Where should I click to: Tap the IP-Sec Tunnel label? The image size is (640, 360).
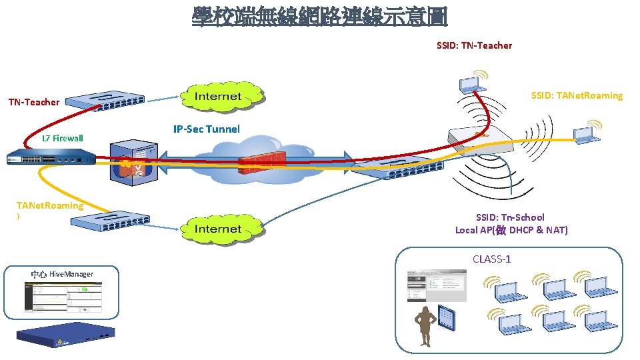[206, 129]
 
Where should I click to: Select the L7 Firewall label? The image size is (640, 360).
[62, 139]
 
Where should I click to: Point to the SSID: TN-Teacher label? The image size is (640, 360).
[474, 45]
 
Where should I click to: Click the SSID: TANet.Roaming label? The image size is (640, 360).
[577, 95]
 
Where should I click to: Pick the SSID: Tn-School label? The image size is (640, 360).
[510, 217]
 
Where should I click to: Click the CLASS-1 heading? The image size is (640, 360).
[491, 259]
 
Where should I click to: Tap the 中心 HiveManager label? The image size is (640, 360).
[62, 274]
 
